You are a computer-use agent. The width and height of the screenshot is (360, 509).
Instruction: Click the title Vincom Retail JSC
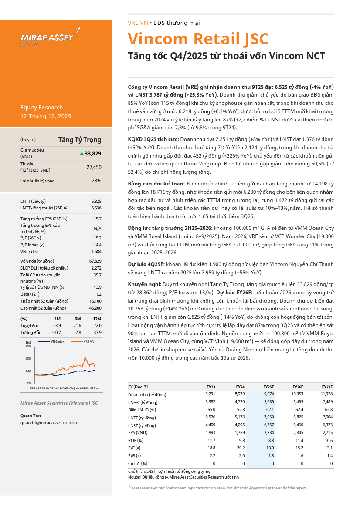(198, 39)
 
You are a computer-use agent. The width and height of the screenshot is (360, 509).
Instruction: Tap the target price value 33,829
(93, 153)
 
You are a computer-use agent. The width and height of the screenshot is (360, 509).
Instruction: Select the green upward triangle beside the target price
(82, 153)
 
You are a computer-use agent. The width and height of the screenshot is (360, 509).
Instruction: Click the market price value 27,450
(94, 167)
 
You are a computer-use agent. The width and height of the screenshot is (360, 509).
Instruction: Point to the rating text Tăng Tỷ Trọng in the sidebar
(80, 140)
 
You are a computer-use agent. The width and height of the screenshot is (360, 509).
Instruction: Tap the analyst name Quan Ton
(31, 415)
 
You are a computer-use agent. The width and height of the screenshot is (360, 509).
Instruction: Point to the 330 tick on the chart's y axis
(28, 347)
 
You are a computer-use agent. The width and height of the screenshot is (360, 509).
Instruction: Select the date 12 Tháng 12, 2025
(46, 116)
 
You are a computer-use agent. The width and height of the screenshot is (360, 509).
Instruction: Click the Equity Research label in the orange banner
(41, 108)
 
